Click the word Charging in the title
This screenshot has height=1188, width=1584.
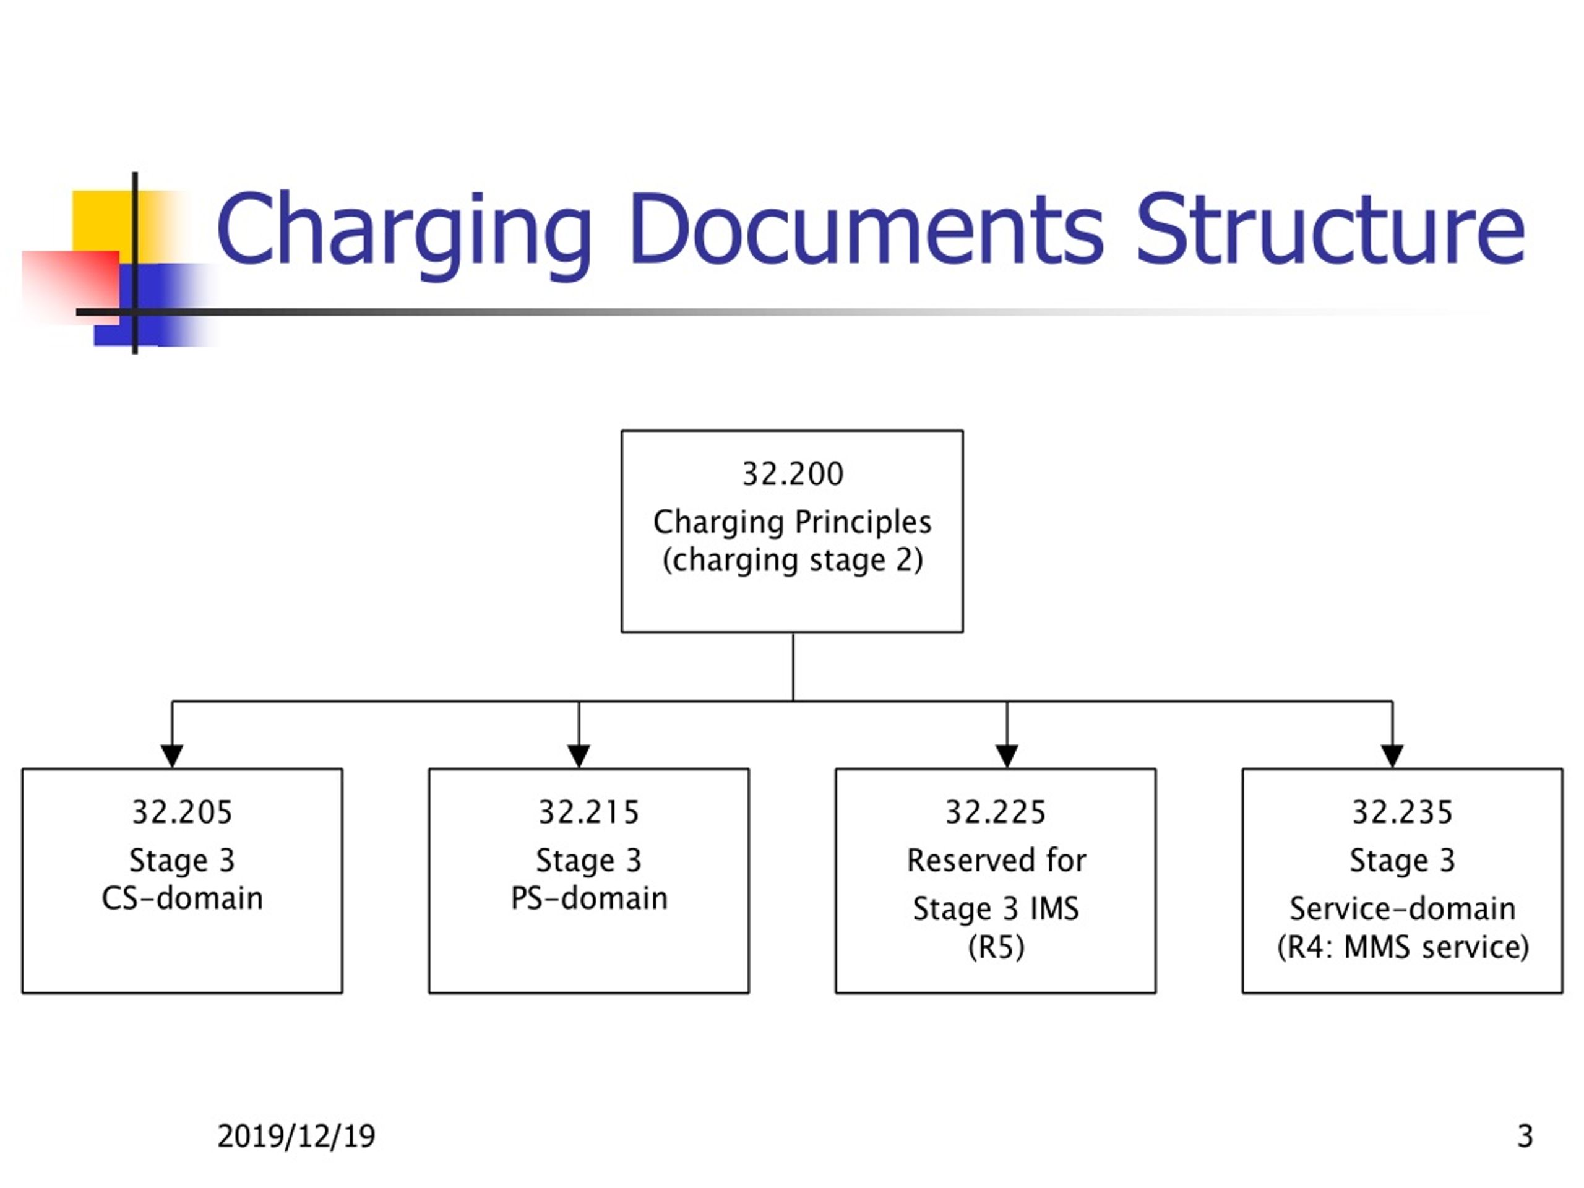(x=404, y=233)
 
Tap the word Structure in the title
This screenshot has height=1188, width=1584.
(x=1330, y=228)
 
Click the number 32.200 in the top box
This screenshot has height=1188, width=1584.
(x=793, y=474)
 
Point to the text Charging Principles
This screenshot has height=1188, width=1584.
(x=792, y=523)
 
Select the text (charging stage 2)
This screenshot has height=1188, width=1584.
(x=793, y=560)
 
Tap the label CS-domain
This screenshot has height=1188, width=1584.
(x=182, y=898)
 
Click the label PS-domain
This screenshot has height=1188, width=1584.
(x=588, y=898)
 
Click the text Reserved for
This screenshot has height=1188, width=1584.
(x=996, y=860)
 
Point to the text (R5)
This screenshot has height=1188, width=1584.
(x=996, y=947)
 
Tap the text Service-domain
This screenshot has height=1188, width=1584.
(x=1402, y=909)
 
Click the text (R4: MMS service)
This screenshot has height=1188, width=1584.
(x=1403, y=947)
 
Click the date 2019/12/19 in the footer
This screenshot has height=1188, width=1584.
(x=296, y=1137)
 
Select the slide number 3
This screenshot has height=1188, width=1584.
(x=1525, y=1137)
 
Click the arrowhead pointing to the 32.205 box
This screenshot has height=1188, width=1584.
(x=172, y=756)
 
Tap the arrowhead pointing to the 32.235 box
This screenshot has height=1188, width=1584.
(x=1392, y=756)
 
